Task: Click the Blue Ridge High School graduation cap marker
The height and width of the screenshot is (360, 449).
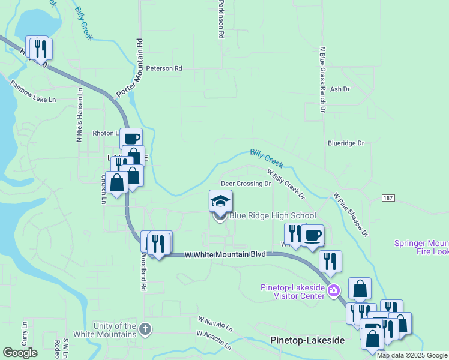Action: point(220,201)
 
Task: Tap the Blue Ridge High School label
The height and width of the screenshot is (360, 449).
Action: point(273,216)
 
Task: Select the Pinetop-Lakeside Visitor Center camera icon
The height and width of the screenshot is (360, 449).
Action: point(334,291)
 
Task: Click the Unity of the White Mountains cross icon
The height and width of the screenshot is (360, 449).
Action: point(145,329)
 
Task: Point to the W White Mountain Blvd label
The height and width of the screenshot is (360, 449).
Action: point(226,254)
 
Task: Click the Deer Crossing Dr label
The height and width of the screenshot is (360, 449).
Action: point(246,184)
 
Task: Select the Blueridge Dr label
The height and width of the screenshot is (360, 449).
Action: point(346,143)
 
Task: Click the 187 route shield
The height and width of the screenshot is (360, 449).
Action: point(387,197)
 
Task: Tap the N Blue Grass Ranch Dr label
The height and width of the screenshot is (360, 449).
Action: point(322,80)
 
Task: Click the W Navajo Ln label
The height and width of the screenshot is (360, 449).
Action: point(214,323)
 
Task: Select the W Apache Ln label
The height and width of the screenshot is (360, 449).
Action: point(213,340)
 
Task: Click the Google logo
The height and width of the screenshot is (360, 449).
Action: point(20,353)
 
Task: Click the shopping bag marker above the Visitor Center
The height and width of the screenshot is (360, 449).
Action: point(360,289)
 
